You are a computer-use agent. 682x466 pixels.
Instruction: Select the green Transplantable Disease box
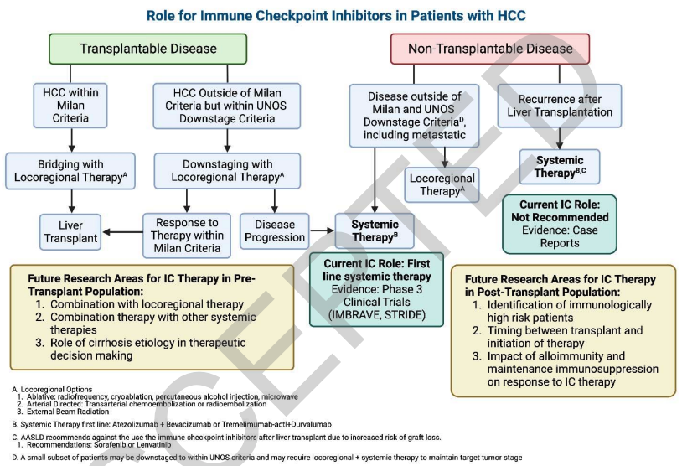point(148,49)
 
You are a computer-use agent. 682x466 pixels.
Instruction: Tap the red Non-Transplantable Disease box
point(490,49)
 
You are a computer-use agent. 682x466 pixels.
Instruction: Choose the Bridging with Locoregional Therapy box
point(71,170)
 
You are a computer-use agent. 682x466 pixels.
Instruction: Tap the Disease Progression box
point(275,230)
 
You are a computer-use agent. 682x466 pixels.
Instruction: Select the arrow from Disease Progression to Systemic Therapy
point(321,230)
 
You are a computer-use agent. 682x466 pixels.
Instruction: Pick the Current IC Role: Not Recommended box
point(559,222)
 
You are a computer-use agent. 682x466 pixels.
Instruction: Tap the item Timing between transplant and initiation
point(565,337)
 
